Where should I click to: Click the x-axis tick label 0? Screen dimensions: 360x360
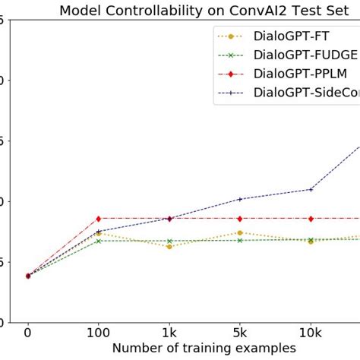pyautogui.click(x=28, y=332)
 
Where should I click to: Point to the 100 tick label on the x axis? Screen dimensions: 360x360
pyautogui.click(x=98, y=332)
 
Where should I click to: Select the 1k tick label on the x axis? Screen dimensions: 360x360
pyautogui.click(x=169, y=332)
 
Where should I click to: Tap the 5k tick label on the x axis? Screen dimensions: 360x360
pyautogui.click(x=240, y=332)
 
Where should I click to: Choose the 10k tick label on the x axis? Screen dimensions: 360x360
pyautogui.click(x=310, y=332)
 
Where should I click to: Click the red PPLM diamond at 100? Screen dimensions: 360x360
pyautogui.click(x=98, y=218)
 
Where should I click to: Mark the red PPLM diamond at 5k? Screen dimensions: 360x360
pyautogui.click(x=240, y=218)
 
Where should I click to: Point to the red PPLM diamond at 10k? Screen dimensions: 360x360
pyautogui.click(x=310, y=218)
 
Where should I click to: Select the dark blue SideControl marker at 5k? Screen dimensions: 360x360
pyautogui.click(x=240, y=199)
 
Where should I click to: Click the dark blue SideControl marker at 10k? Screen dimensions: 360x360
pyautogui.click(x=310, y=189)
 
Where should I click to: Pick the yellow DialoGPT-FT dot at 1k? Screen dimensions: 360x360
pyautogui.click(x=169, y=246)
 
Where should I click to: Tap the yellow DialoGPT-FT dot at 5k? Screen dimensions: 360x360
pyautogui.click(x=240, y=232)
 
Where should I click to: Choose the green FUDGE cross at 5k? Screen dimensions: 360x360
pyautogui.click(x=240, y=240)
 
